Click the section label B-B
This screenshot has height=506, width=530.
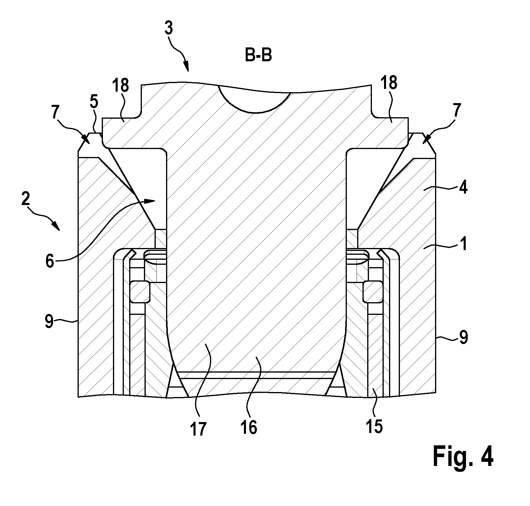(x=258, y=56)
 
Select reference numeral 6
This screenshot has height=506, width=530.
(x=50, y=261)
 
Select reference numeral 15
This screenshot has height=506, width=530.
(x=374, y=426)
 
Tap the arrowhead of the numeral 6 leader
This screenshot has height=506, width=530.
(x=150, y=201)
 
